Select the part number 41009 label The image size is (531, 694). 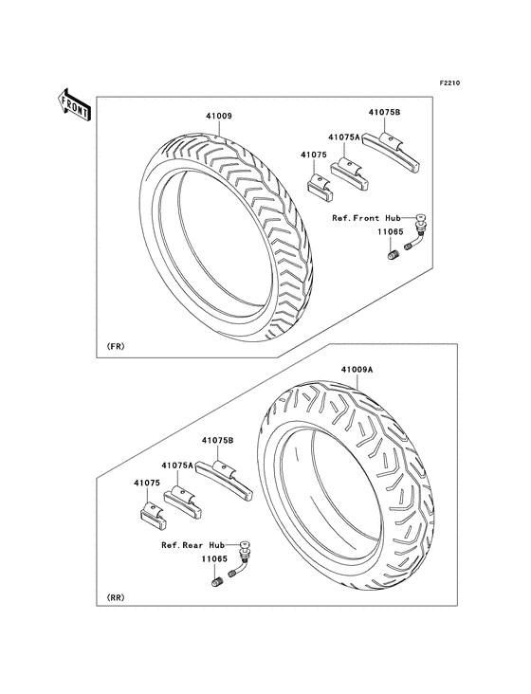pyautogui.click(x=219, y=117)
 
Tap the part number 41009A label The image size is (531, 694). pyautogui.click(x=357, y=369)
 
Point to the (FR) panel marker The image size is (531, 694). pyautogui.click(x=116, y=346)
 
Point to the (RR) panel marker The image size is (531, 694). pyautogui.click(x=116, y=597)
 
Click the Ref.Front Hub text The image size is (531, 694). pyautogui.click(x=366, y=218)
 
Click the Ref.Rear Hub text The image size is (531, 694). pyautogui.click(x=192, y=545)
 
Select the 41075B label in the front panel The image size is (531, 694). pyautogui.click(x=385, y=113)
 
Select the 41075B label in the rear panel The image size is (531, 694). pyautogui.click(x=218, y=441)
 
